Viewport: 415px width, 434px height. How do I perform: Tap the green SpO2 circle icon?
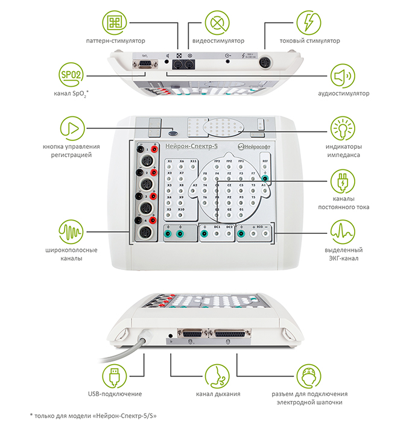pos(72,75)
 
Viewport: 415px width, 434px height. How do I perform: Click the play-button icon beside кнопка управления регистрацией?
pos(72,128)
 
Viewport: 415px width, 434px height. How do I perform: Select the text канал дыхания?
pos(218,394)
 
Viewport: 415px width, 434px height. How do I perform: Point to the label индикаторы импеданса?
pos(343,151)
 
